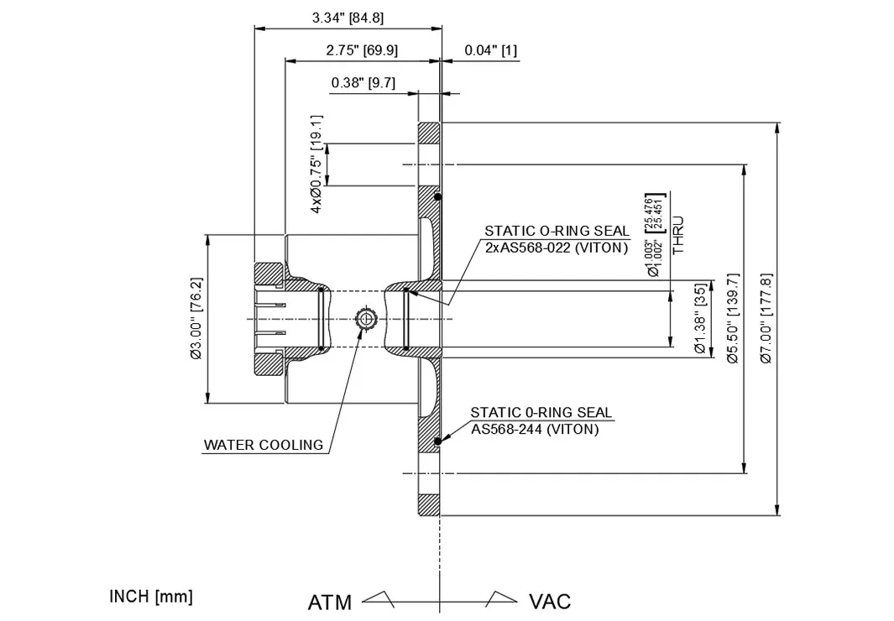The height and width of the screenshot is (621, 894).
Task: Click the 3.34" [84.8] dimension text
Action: tap(348, 18)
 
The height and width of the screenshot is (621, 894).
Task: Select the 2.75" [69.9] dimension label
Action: tap(362, 50)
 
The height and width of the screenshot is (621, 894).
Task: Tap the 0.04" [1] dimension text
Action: tap(490, 50)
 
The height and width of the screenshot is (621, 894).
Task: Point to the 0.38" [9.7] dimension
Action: tap(363, 82)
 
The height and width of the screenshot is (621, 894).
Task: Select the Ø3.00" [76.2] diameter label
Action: tap(196, 318)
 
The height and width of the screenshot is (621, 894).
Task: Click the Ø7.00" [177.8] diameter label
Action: tap(765, 318)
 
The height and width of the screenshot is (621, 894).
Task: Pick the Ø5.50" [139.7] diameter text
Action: tap(732, 318)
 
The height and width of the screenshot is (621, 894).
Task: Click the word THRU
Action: tap(678, 236)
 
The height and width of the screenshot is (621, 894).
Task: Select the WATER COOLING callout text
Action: tap(264, 445)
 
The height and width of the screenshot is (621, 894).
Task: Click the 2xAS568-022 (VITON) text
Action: tap(557, 248)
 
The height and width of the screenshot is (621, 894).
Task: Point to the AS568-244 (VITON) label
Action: tap(535, 429)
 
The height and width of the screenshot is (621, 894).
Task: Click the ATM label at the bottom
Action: tap(330, 602)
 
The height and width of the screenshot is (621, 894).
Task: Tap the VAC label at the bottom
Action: tap(550, 602)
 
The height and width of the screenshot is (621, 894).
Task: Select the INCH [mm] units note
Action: tap(151, 597)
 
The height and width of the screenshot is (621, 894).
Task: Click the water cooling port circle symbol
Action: tap(367, 319)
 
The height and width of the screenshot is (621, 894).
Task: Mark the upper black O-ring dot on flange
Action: tap(438, 198)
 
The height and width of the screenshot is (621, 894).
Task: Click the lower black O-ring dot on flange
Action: tap(437, 442)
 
